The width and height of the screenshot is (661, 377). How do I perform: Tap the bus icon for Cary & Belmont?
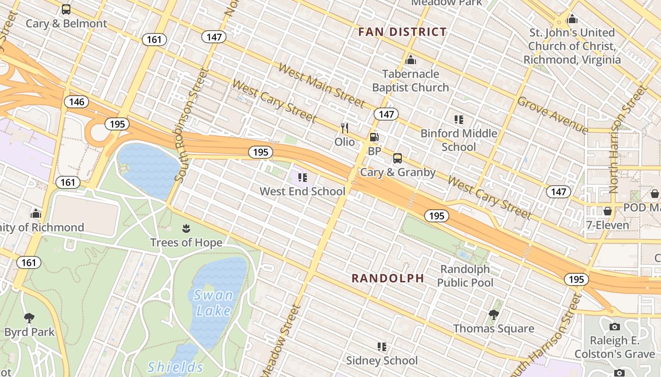click(x=66, y=9)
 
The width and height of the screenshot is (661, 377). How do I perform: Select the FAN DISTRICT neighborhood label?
click(x=402, y=32)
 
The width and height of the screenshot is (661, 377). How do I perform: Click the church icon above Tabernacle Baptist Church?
click(x=411, y=60)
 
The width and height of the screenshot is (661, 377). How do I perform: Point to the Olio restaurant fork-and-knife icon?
click(x=345, y=128)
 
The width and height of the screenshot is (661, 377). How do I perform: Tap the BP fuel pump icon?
click(x=374, y=138)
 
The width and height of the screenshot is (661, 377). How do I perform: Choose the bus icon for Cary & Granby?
click(x=398, y=158)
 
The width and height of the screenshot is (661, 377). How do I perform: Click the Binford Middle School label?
click(x=459, y=140)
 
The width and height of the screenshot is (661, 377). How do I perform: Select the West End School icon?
click(x=303, y=178)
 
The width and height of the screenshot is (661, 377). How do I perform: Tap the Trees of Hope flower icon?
click(x=186, y=229)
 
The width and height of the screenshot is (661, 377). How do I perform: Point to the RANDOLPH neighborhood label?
click(x=388, y=279)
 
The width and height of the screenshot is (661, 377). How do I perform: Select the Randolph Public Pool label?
click(x=465, y=276)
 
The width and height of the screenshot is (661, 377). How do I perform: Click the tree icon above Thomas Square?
click(x=494, y=314)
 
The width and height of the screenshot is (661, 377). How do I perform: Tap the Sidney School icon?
click(x=382, y=347)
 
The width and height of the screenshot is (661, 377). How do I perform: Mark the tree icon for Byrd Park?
click(x=29, y=318)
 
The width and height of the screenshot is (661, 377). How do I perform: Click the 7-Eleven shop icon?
click(x=608, y=211)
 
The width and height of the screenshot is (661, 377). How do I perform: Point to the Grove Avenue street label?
click(x=553, y=115)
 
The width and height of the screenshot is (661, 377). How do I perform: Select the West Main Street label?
click(x=321, y=85)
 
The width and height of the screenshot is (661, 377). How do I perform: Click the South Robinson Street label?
click(x=191, y=125)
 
